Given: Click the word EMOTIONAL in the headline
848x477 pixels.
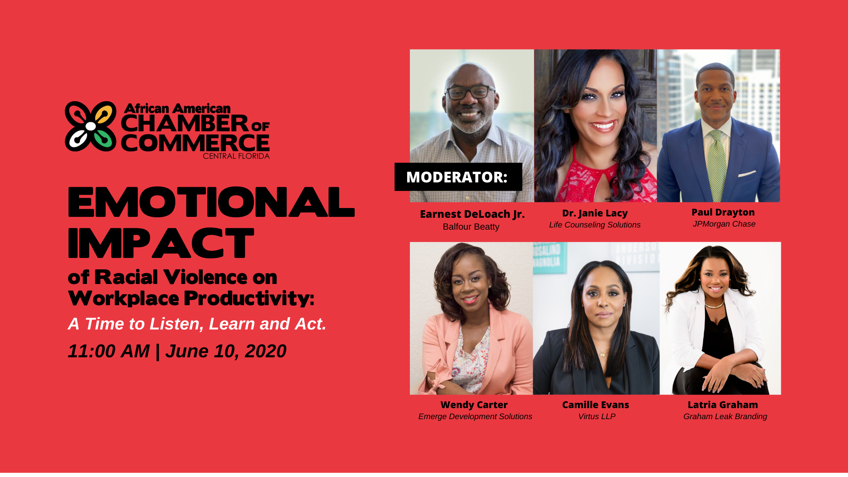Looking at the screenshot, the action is point(211,202).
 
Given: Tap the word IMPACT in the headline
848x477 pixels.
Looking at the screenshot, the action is point(161,243).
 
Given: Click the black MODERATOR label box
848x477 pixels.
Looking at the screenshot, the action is point(458,177).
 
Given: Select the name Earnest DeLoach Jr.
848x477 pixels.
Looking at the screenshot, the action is point(472,214).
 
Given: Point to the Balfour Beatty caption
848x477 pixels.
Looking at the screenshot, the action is point(471,227).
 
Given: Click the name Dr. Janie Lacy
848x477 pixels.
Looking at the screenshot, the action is point(594,213).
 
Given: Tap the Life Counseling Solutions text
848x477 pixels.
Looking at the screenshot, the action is point(594,225).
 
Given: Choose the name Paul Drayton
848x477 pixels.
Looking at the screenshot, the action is point(723,212).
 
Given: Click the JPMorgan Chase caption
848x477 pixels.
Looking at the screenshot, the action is point(724,224).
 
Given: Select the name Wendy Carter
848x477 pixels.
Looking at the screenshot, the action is point(474,405).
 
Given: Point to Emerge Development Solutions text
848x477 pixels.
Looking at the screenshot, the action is point(475,416).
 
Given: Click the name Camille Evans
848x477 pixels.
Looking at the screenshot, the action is point(595,405).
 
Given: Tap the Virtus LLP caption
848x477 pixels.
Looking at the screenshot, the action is point(597,416).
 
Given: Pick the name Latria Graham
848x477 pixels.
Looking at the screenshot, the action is point(723,405).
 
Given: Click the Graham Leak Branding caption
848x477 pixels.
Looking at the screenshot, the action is point(725,416).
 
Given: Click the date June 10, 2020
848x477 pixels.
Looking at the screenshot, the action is point(226,352).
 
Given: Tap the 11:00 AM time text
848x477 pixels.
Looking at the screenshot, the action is point(109,352).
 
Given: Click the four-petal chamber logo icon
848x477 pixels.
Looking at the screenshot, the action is point(91,126).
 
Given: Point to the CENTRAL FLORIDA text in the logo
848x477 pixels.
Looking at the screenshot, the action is point(236,156).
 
